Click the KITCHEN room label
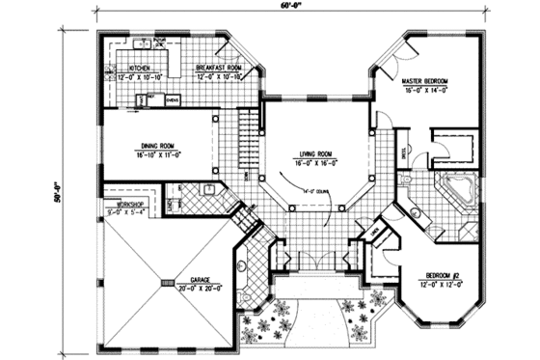(144, 68)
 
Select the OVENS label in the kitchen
(171, 98)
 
